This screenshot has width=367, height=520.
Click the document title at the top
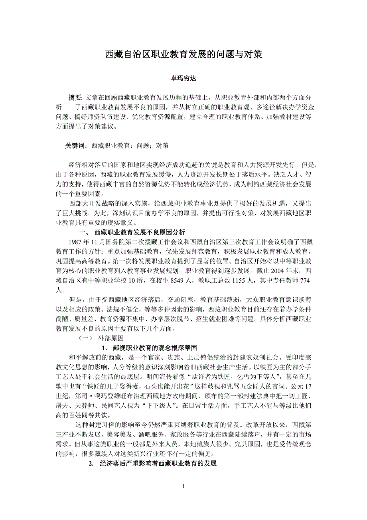pyautogui.click(x=183, y=55)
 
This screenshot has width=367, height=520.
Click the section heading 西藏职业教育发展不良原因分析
pyautogui.click(x=139, y=232)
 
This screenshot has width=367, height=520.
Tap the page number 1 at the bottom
pyautogui.click(x=183, y=486)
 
